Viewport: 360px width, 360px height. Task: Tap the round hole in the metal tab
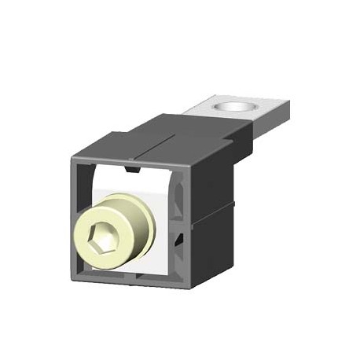pyautogui.click(x=236, y=106)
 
